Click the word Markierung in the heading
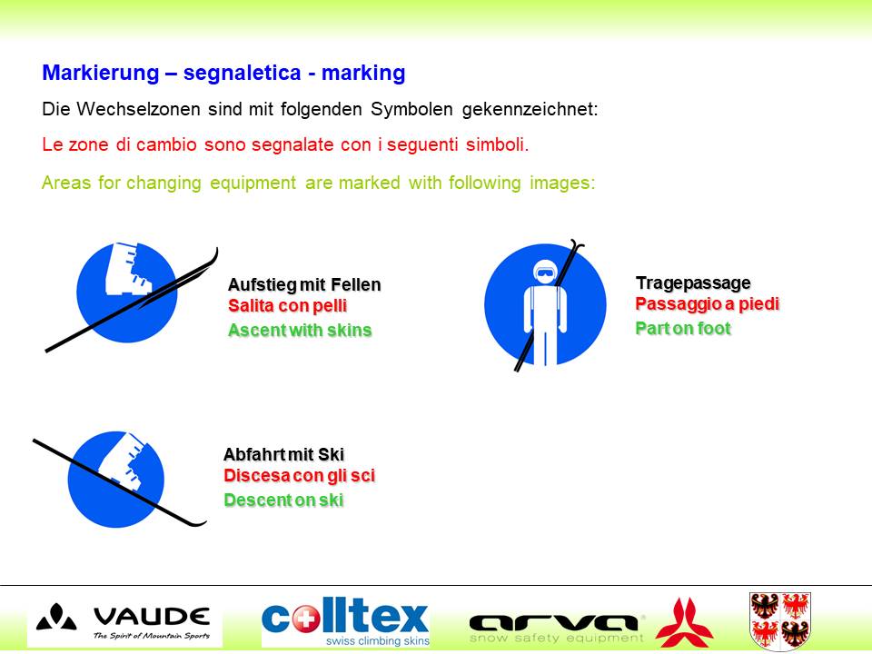[x=101, y=74]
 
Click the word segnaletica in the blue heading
[x=242, y=73]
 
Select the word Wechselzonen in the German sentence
[x=138, y=109]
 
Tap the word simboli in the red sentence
[x=495, y=144]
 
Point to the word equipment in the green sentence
[x=253, y=183]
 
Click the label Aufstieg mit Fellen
[x=304, y=284]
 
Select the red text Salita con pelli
[x=288, y=306]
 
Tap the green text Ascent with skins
[x=300, y=331]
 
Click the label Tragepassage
[x=693, y=283]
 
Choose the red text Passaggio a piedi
[x=708, y=304]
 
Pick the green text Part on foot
[x=683, y=329]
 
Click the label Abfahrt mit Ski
[x=283, y=455]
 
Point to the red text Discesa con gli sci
[x=299, y=476]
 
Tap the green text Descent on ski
[x=283, y=500]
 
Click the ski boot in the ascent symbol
[x=127, y=269]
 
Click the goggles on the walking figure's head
[x=544, y=273]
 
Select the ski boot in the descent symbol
[x=124, y=461]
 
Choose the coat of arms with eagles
[x=780, y=620]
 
